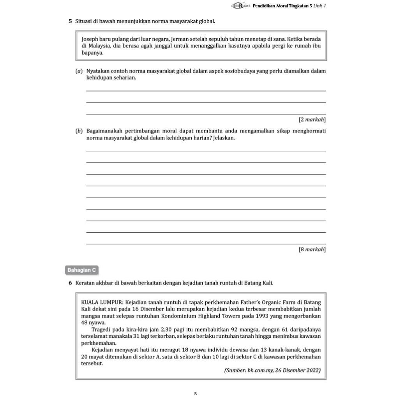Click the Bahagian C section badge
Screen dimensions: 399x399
tap(81, 270)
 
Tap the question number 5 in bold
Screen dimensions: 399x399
tap(70, 21)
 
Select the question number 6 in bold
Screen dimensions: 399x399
tap(70, 282)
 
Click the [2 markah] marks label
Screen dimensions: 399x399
tap(312, 120)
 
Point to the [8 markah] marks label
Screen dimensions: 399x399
tap(312, 249)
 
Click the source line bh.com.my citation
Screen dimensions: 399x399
tap(272, 370)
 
